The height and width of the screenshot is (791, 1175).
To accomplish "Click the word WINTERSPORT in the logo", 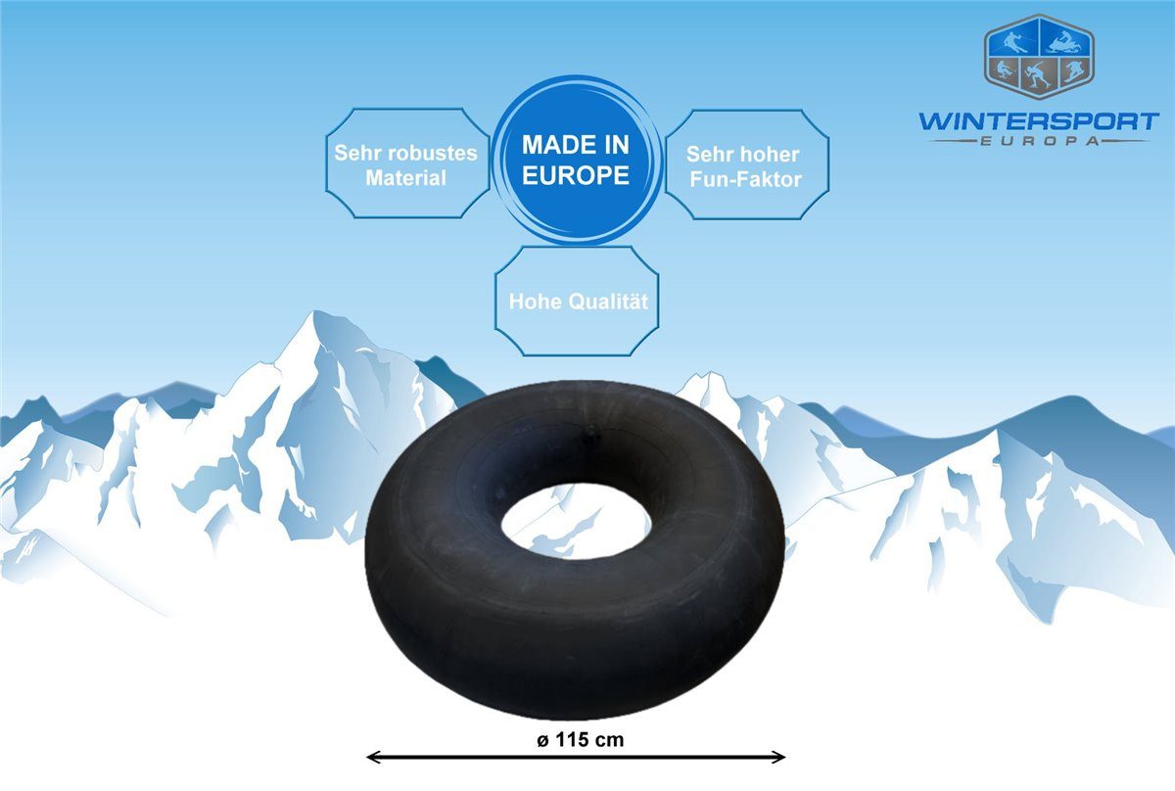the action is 1039,121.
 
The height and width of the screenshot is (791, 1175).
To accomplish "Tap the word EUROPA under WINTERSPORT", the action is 1039,141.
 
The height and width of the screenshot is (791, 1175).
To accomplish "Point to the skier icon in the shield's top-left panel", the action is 1015,43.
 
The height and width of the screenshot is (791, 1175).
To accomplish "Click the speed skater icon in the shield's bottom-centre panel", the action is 1038,74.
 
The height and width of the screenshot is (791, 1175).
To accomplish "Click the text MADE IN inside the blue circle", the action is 576,145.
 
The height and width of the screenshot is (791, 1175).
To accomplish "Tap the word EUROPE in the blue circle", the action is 576,175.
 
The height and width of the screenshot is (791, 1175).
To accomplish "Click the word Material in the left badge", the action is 405,178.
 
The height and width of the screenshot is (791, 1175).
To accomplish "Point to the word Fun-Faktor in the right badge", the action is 745,179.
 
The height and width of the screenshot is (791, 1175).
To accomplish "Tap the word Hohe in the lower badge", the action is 537,302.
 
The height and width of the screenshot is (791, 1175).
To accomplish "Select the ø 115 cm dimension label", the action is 580,740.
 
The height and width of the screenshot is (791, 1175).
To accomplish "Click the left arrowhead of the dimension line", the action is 373,757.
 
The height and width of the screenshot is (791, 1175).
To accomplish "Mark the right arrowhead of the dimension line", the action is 778,757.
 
